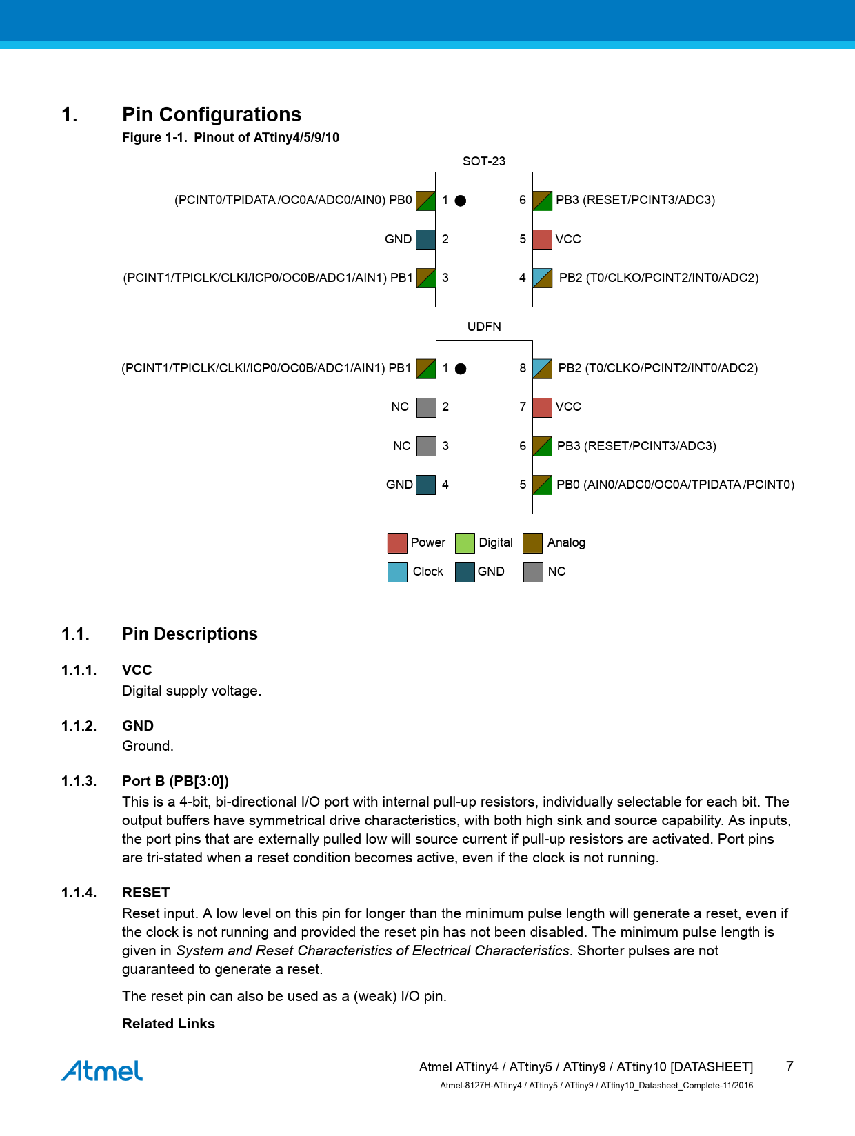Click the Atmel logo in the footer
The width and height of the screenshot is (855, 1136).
102,1071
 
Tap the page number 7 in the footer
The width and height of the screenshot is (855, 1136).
789,1066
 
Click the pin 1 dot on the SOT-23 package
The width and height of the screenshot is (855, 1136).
461,201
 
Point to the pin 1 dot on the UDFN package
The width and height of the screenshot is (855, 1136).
461,369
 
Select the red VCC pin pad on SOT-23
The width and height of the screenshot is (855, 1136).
543,239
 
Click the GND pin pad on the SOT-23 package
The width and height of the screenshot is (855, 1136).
425,239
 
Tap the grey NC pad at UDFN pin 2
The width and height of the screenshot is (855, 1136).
426,407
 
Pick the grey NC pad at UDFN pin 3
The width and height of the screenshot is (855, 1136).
426,446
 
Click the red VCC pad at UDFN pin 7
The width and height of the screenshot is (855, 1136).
543,407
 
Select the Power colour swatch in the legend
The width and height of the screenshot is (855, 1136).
397,543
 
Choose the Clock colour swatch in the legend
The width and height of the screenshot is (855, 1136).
397,572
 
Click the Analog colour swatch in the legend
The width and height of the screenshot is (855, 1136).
532,543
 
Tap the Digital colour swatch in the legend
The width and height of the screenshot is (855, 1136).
465,543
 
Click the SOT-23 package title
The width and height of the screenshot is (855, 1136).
484,161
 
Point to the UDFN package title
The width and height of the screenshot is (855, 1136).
484,327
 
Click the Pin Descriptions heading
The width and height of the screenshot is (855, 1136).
190,634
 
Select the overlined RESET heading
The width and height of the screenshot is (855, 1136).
145,893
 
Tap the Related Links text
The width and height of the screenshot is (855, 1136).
168,1024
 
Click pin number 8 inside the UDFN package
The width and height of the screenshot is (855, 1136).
523,368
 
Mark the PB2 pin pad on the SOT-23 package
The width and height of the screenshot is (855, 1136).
543,278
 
